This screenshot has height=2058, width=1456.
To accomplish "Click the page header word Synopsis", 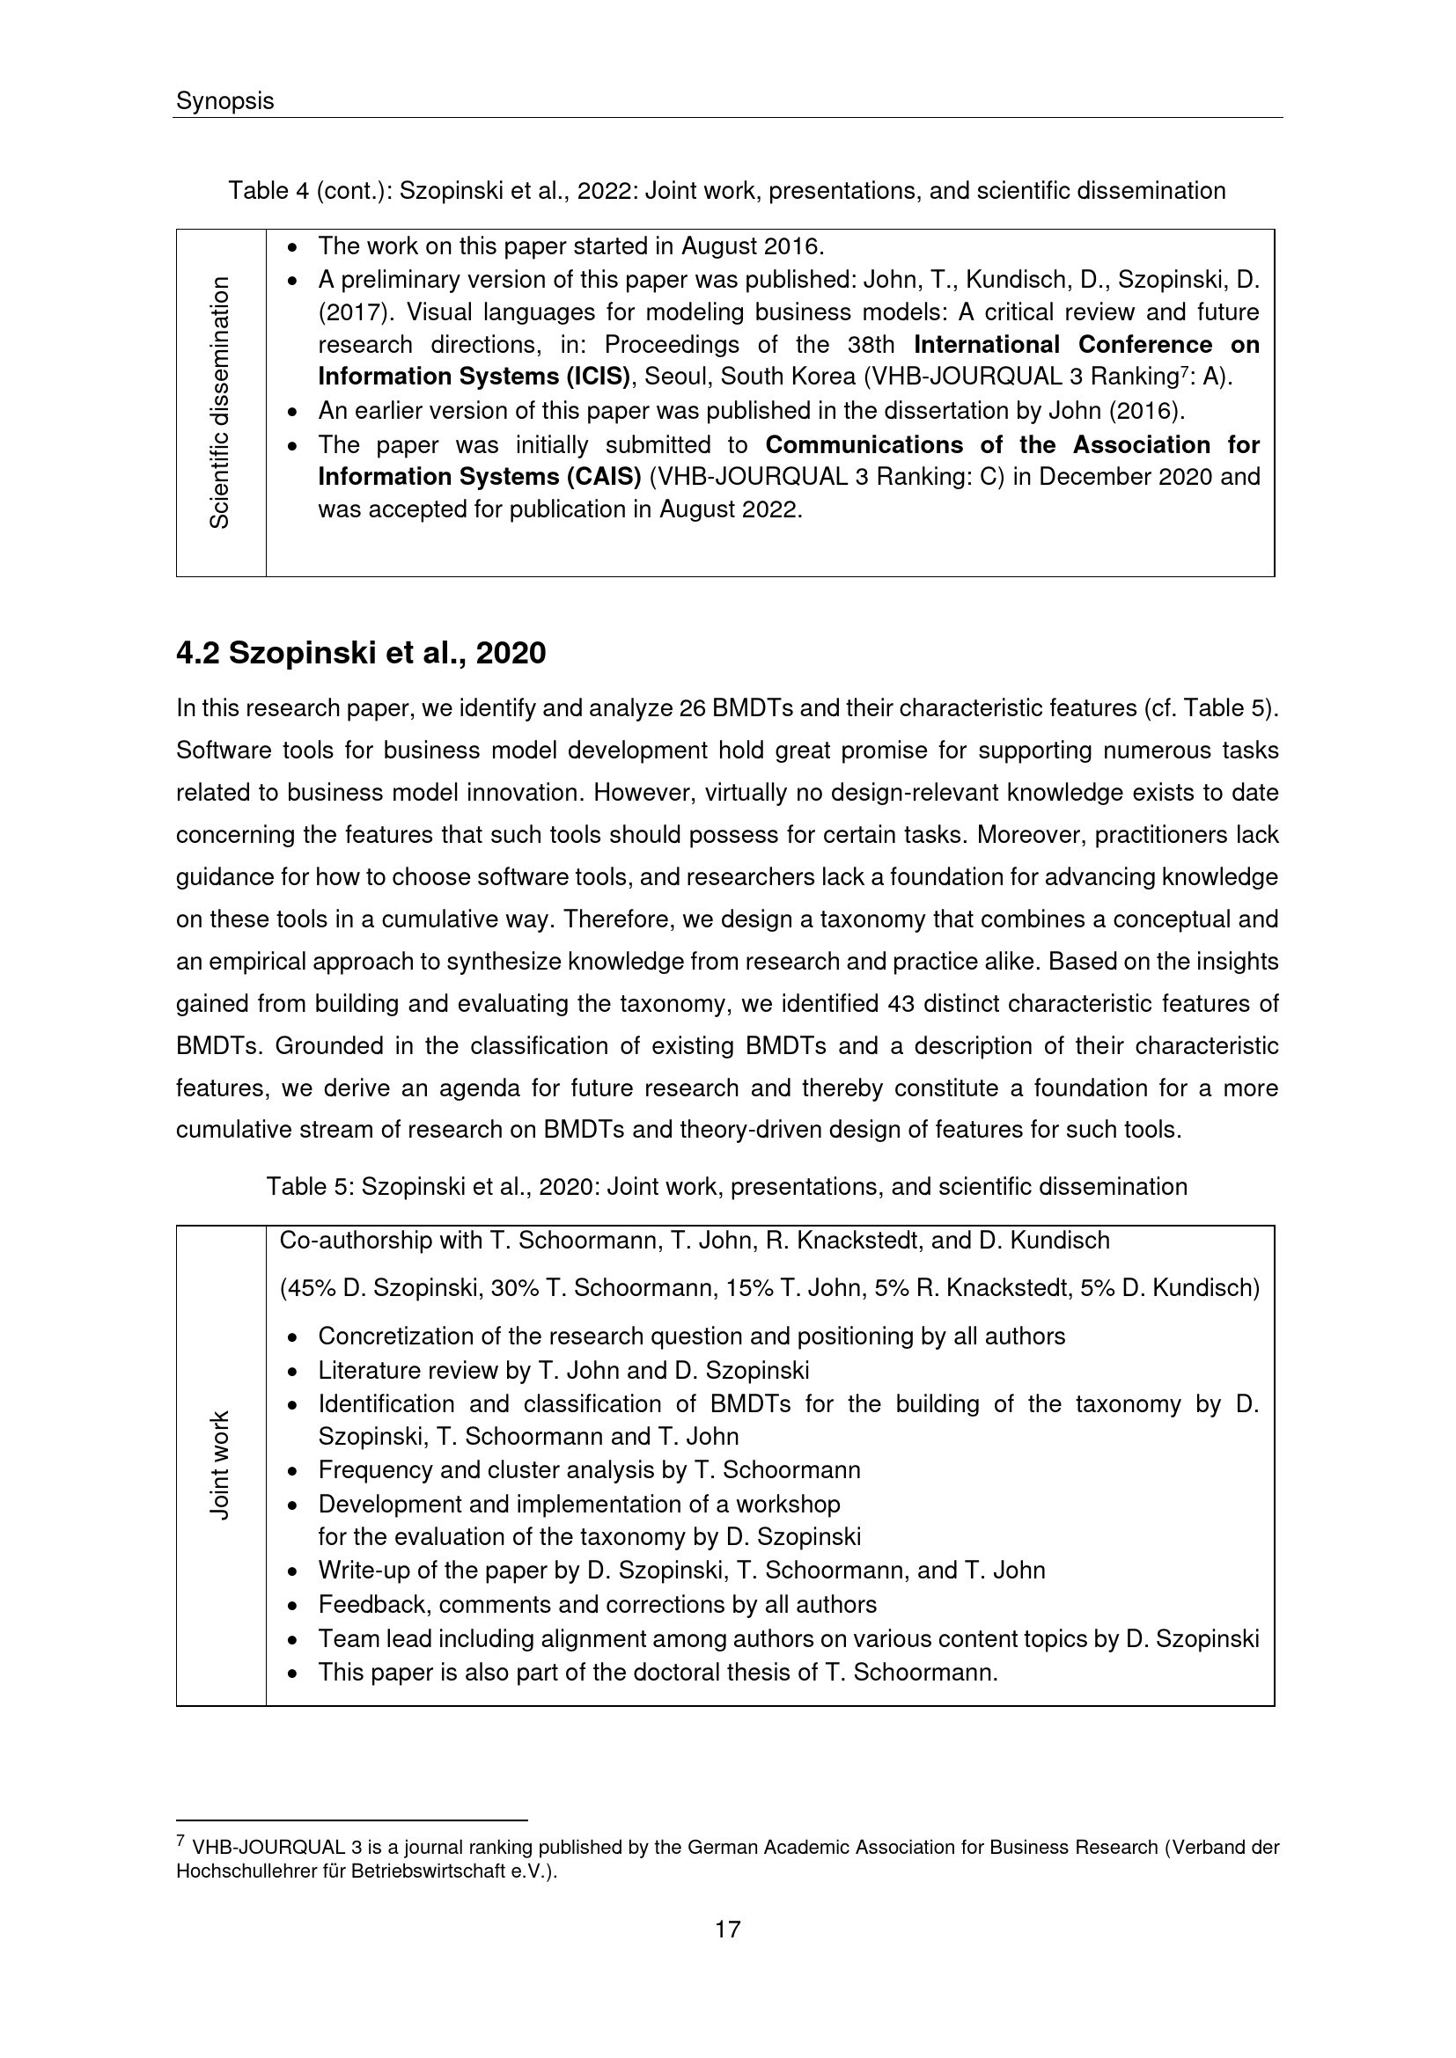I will pyautogui.click(x=224, y=101).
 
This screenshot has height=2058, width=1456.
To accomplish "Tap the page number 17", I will pyautogui.click(x=727, y=1929).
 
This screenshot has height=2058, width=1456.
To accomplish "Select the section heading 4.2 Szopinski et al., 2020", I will pyautogui.click(x=360, y=654).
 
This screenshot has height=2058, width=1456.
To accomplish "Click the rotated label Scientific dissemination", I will pyautogui.click(x=220, y=402).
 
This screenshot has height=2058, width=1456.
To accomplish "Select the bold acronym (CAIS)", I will pyautogui.click(x=602, y=476).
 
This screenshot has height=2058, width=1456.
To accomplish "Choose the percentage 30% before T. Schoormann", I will pyautogui.click(x=515, y=1289).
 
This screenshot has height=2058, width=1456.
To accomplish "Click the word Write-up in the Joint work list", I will pyautogui.click(x=357, y=1571).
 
